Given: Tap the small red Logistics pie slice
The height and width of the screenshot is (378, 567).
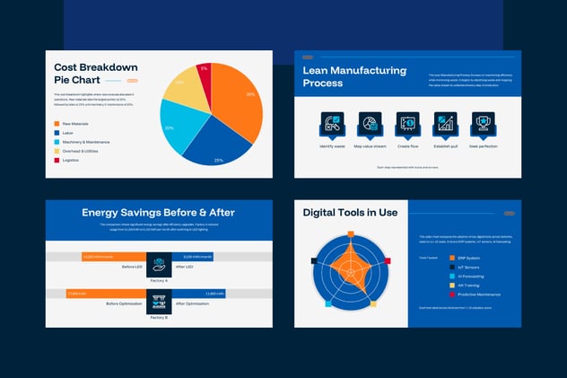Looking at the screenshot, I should pos(205,75).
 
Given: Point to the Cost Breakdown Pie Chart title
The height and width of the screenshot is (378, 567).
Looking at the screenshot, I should pos(95,74).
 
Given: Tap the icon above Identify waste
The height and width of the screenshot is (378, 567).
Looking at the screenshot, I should pos(332,124).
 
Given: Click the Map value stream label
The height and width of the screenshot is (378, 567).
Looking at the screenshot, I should pos(370,145).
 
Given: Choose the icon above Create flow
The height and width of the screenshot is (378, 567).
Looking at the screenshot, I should pos(408,124).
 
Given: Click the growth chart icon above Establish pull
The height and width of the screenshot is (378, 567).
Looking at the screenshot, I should pos(446,124).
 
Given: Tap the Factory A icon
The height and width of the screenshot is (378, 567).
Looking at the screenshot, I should pos(159,262).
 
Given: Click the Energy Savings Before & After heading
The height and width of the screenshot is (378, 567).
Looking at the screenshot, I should pos(158,213).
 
